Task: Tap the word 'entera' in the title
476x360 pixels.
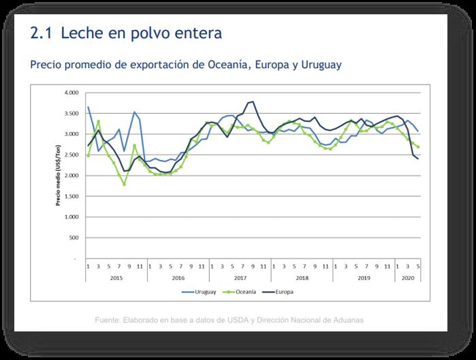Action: coord(197,33)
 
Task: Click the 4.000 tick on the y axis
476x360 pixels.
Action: coord(71,92)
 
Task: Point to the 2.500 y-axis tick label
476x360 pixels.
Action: coord(71,154)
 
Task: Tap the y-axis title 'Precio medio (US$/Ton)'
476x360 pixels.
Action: coord(60,175)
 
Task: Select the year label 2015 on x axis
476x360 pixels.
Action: coord(116,278)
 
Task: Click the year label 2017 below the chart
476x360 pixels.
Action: coord(240,278)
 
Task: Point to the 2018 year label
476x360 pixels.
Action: coord(302,278)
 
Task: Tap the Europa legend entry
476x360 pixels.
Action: coord(281,292)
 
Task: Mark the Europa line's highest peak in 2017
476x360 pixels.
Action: coord(253,101)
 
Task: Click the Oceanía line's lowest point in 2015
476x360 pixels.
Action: coord(124,184)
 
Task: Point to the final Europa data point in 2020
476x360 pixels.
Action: coord(417,159)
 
